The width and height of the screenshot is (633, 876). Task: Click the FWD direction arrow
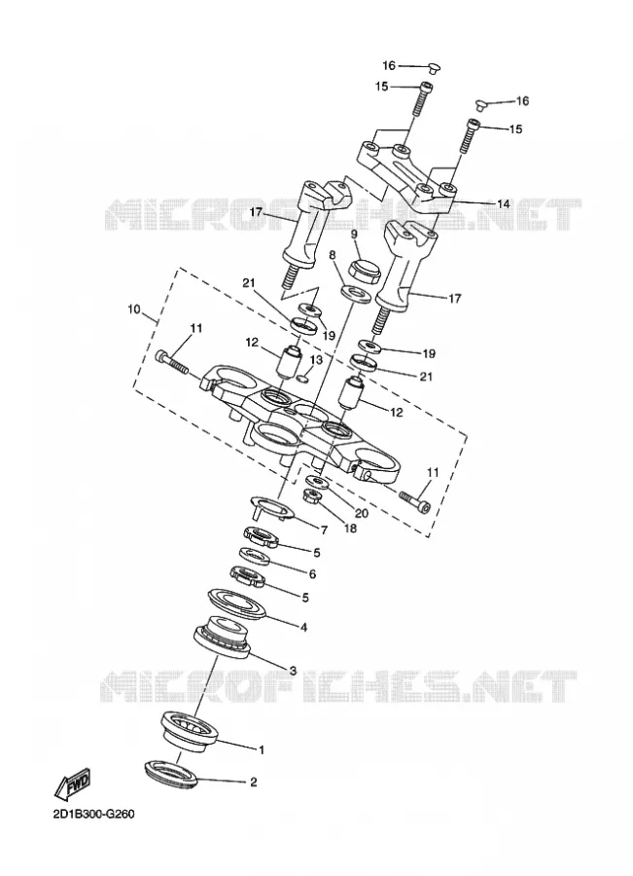point(72,784)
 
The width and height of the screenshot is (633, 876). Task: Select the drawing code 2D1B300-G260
point(93,814)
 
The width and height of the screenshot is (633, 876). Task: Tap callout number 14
point(503,204)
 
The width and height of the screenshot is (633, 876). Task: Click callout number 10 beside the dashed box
point(134,309)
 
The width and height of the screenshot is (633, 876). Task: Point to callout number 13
point(317,360)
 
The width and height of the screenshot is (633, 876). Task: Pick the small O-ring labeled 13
point(303,380)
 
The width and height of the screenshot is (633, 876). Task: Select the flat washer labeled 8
point(356,293)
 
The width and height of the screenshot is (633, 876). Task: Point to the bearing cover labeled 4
point(238,603)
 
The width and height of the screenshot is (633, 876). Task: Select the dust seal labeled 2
point(171,775)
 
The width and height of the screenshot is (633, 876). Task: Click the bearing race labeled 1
point(189,728)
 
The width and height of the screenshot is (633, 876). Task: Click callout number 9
point(354,235)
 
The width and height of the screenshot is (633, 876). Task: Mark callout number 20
point(362,512)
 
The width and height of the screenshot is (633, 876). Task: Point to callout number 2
point(253,783)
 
